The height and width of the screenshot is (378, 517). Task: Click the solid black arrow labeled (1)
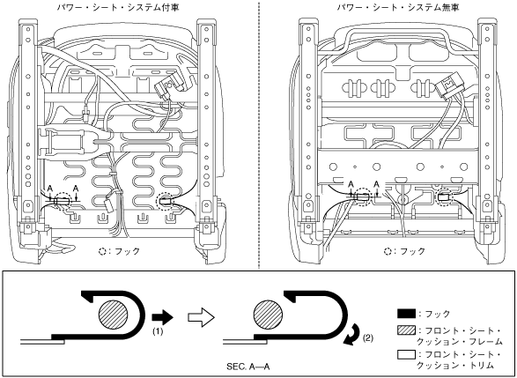coord(162,317)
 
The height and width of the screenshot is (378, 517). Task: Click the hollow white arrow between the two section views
coord(201,317)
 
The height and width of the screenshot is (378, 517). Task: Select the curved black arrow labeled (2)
coord(352,335)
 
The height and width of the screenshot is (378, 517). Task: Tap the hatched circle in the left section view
coord(113,314)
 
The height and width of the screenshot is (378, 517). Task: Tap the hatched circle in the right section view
coord(268,315)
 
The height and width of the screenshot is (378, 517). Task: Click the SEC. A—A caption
coord(248,367)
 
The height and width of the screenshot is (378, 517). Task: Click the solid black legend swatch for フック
coord(406,314)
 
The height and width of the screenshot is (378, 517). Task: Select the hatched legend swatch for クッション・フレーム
coord(406,330)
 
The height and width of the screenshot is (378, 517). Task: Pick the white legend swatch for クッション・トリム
coord(406,355)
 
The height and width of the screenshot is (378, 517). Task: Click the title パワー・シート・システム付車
coord(118,8)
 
